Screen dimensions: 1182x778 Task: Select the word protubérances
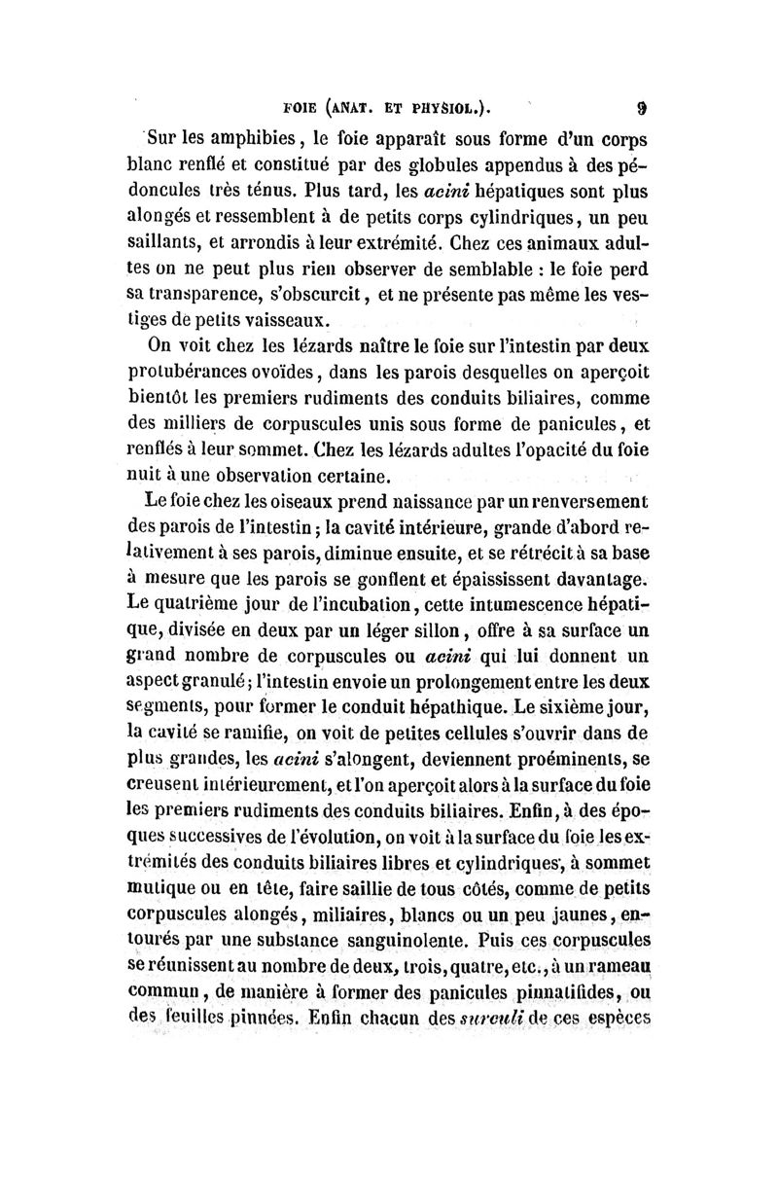(x=204, y=371)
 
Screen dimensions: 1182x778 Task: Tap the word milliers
(x=208, y=423)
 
